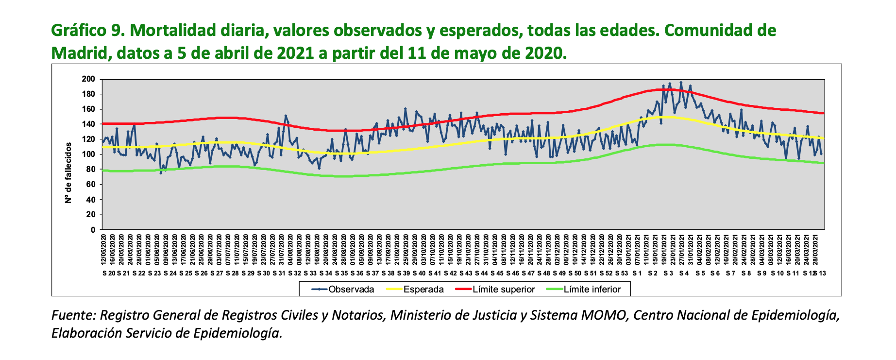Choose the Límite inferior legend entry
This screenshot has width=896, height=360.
coord(592,290)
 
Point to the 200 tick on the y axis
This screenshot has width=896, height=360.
coord(88,79)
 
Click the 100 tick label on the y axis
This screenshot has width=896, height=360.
coord(88,154)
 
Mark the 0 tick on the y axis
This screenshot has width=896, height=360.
coord(92,230)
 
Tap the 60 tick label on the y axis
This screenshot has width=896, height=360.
coord(90,185)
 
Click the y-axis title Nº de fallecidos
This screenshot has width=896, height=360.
coord(68,173)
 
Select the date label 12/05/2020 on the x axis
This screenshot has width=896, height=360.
coord(103,249)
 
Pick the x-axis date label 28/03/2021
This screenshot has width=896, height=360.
coord(815,249)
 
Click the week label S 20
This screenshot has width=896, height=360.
coord(109,274)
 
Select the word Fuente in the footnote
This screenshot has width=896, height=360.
coord(72,315)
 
